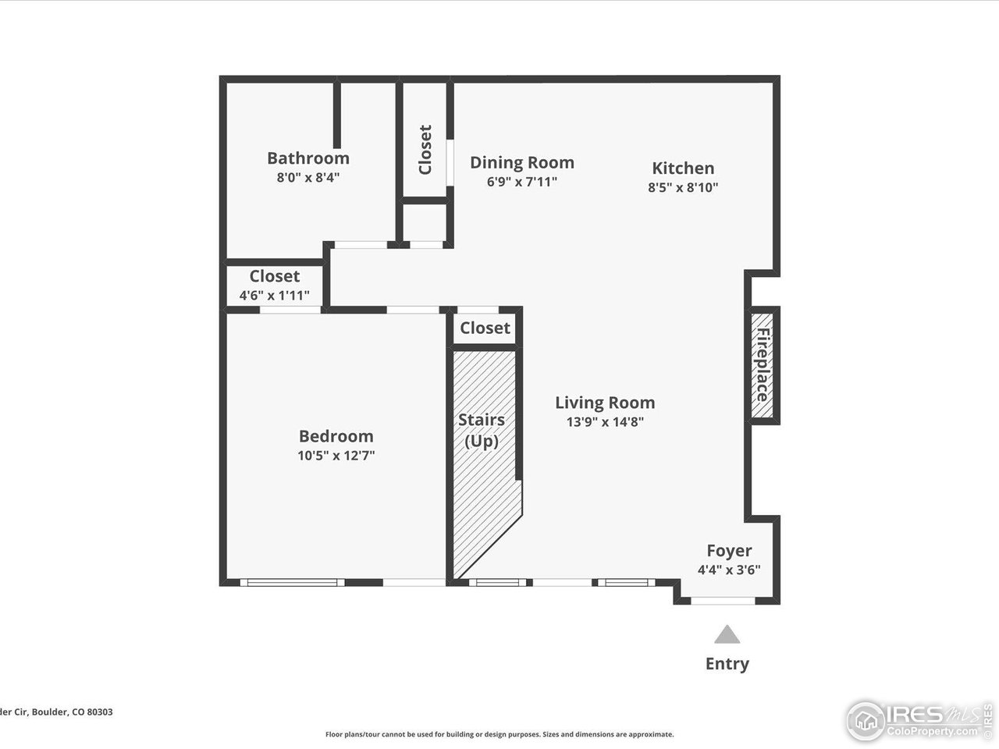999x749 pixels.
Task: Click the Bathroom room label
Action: click(x=308, y=158)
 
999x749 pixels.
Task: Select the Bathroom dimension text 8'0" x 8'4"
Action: click(x=308, y=177)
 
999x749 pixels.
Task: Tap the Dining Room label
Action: click(x=521, y=162)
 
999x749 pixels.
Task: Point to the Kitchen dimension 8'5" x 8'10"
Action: click(x=683, y=187)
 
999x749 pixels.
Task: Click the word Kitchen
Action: click(x=683, y=168)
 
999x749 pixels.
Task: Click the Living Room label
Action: click(x=605, y=403)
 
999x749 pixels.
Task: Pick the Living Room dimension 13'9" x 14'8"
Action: click(x=605, y=422)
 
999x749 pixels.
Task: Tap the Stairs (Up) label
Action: click(x=481, y=430)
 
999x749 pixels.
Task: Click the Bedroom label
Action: click(x=336, y=436)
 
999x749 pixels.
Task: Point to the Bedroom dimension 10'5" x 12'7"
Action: click(x=336, y=456)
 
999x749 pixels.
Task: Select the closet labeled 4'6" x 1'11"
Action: click(x=274, y=286)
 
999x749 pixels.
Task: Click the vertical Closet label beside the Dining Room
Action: click(x=425, y=150)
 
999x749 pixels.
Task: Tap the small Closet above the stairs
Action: click(x=485, y=328)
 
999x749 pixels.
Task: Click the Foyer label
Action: click(x=729, y=551)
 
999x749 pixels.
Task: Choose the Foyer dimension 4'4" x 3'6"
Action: click(x=729, y=570)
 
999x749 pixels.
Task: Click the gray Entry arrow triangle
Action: click(x=727, y=635)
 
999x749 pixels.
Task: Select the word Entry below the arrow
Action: click(x=727, y=664)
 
